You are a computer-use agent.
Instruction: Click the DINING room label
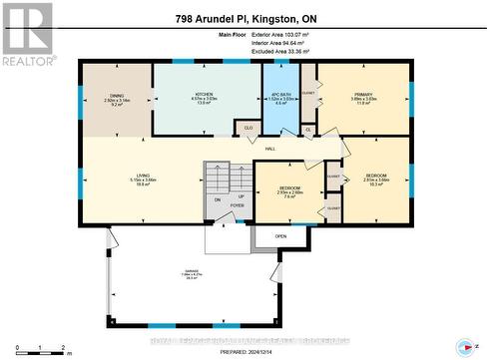point(118,97)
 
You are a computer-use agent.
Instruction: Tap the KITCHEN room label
point(205,97)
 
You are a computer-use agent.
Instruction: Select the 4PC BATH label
point(279,97)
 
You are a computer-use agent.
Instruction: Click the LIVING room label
point(143,179)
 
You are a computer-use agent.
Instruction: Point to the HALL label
point(269,150)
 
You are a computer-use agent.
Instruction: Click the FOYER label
point(238,206)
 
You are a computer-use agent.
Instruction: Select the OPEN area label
point(281,236)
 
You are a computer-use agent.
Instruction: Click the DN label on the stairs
point(218,198)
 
